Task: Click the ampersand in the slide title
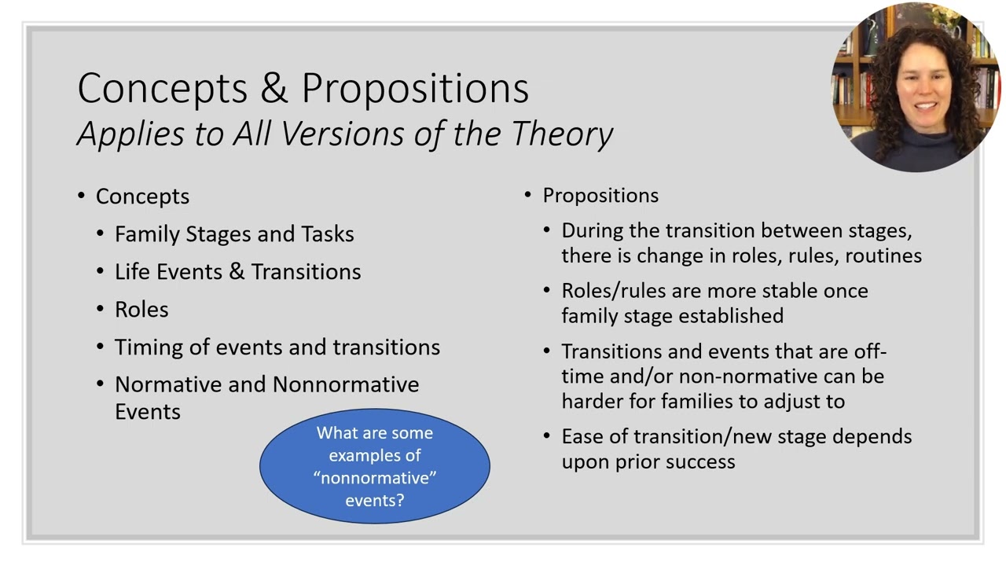tap(274, 88)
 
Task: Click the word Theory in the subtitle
tap(562, 134)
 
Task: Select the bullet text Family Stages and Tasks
tap(234, 234)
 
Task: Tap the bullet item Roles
tap(141, 310)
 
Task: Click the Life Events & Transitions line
tap(237, 272)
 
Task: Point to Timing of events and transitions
tap(277, 347)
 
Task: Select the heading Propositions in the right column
tap(600, 196)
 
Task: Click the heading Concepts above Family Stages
tap(142, 197)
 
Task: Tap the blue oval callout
tap(375, 465)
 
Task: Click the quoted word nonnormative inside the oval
tap(375, 478)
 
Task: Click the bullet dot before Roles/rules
tap(547, 291)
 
